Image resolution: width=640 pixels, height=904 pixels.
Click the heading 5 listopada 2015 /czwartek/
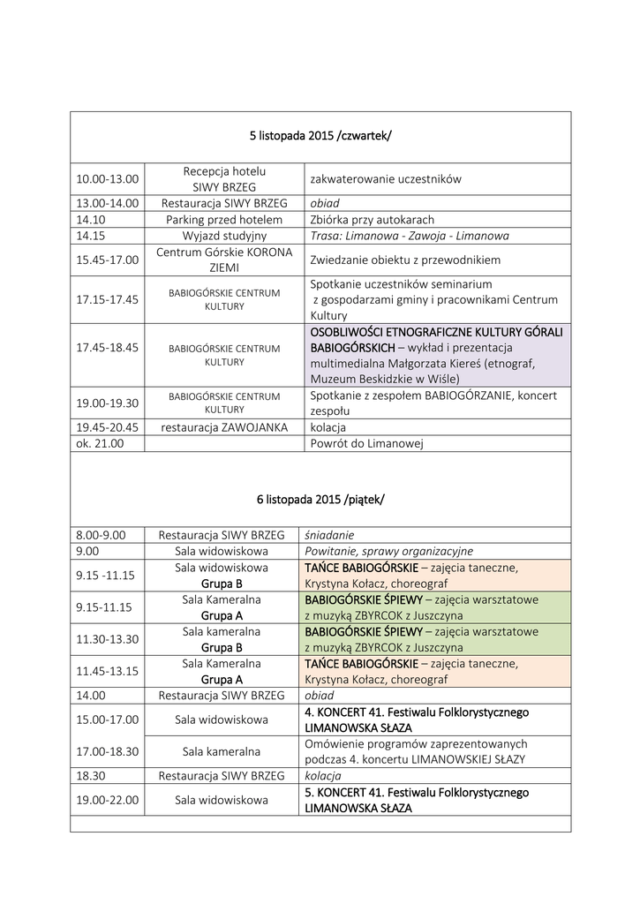pos(320,136)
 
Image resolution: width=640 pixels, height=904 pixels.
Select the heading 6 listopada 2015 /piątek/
pos(320,499)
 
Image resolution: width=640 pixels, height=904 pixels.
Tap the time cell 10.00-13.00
pos(108,179)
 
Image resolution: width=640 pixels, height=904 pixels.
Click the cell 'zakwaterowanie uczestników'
pos(386,179)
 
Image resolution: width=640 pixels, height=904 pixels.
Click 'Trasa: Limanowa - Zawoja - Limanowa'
pos(410,236)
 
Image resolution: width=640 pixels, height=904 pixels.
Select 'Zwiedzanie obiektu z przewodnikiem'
pos(405,260)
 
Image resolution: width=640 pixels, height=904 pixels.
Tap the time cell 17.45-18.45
pos(108,348)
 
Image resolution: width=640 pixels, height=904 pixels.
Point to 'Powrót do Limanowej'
pos(366,443)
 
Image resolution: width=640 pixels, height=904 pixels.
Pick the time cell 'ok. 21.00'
pos(100,443)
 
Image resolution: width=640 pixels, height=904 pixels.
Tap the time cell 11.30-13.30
pos(108,639)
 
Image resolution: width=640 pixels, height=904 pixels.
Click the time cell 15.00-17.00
pos(108,719)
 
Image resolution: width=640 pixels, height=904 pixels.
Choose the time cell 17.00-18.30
pos(108,751)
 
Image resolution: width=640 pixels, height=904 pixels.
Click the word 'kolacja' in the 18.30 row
pos(323,776)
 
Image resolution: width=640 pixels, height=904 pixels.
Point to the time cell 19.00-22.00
pos(108,800)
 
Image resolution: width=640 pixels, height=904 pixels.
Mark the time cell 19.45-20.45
pos(108,427)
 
